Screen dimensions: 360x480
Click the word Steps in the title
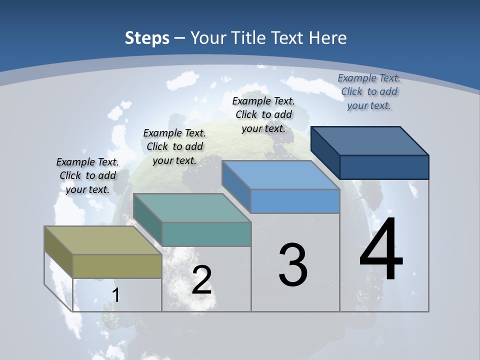click(147, 38)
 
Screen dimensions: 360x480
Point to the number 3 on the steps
click(293, 265)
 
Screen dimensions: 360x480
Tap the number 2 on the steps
click(201, 280)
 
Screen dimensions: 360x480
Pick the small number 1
click(115, 295)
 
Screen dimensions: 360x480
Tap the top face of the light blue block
click(280, 175)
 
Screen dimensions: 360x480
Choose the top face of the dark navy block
click(369, 140)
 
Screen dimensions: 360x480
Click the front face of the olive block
click(117, 266)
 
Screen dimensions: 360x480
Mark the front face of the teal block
click(206, 234)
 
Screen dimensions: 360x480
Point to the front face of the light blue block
click(295, 201)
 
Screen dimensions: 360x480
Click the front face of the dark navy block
click(384, 167)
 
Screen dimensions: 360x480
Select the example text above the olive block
click(87, 175)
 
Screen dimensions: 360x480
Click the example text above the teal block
click(174, 146)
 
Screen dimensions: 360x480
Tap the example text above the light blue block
click(263, 114)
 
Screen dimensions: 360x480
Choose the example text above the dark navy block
click(369, 91)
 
